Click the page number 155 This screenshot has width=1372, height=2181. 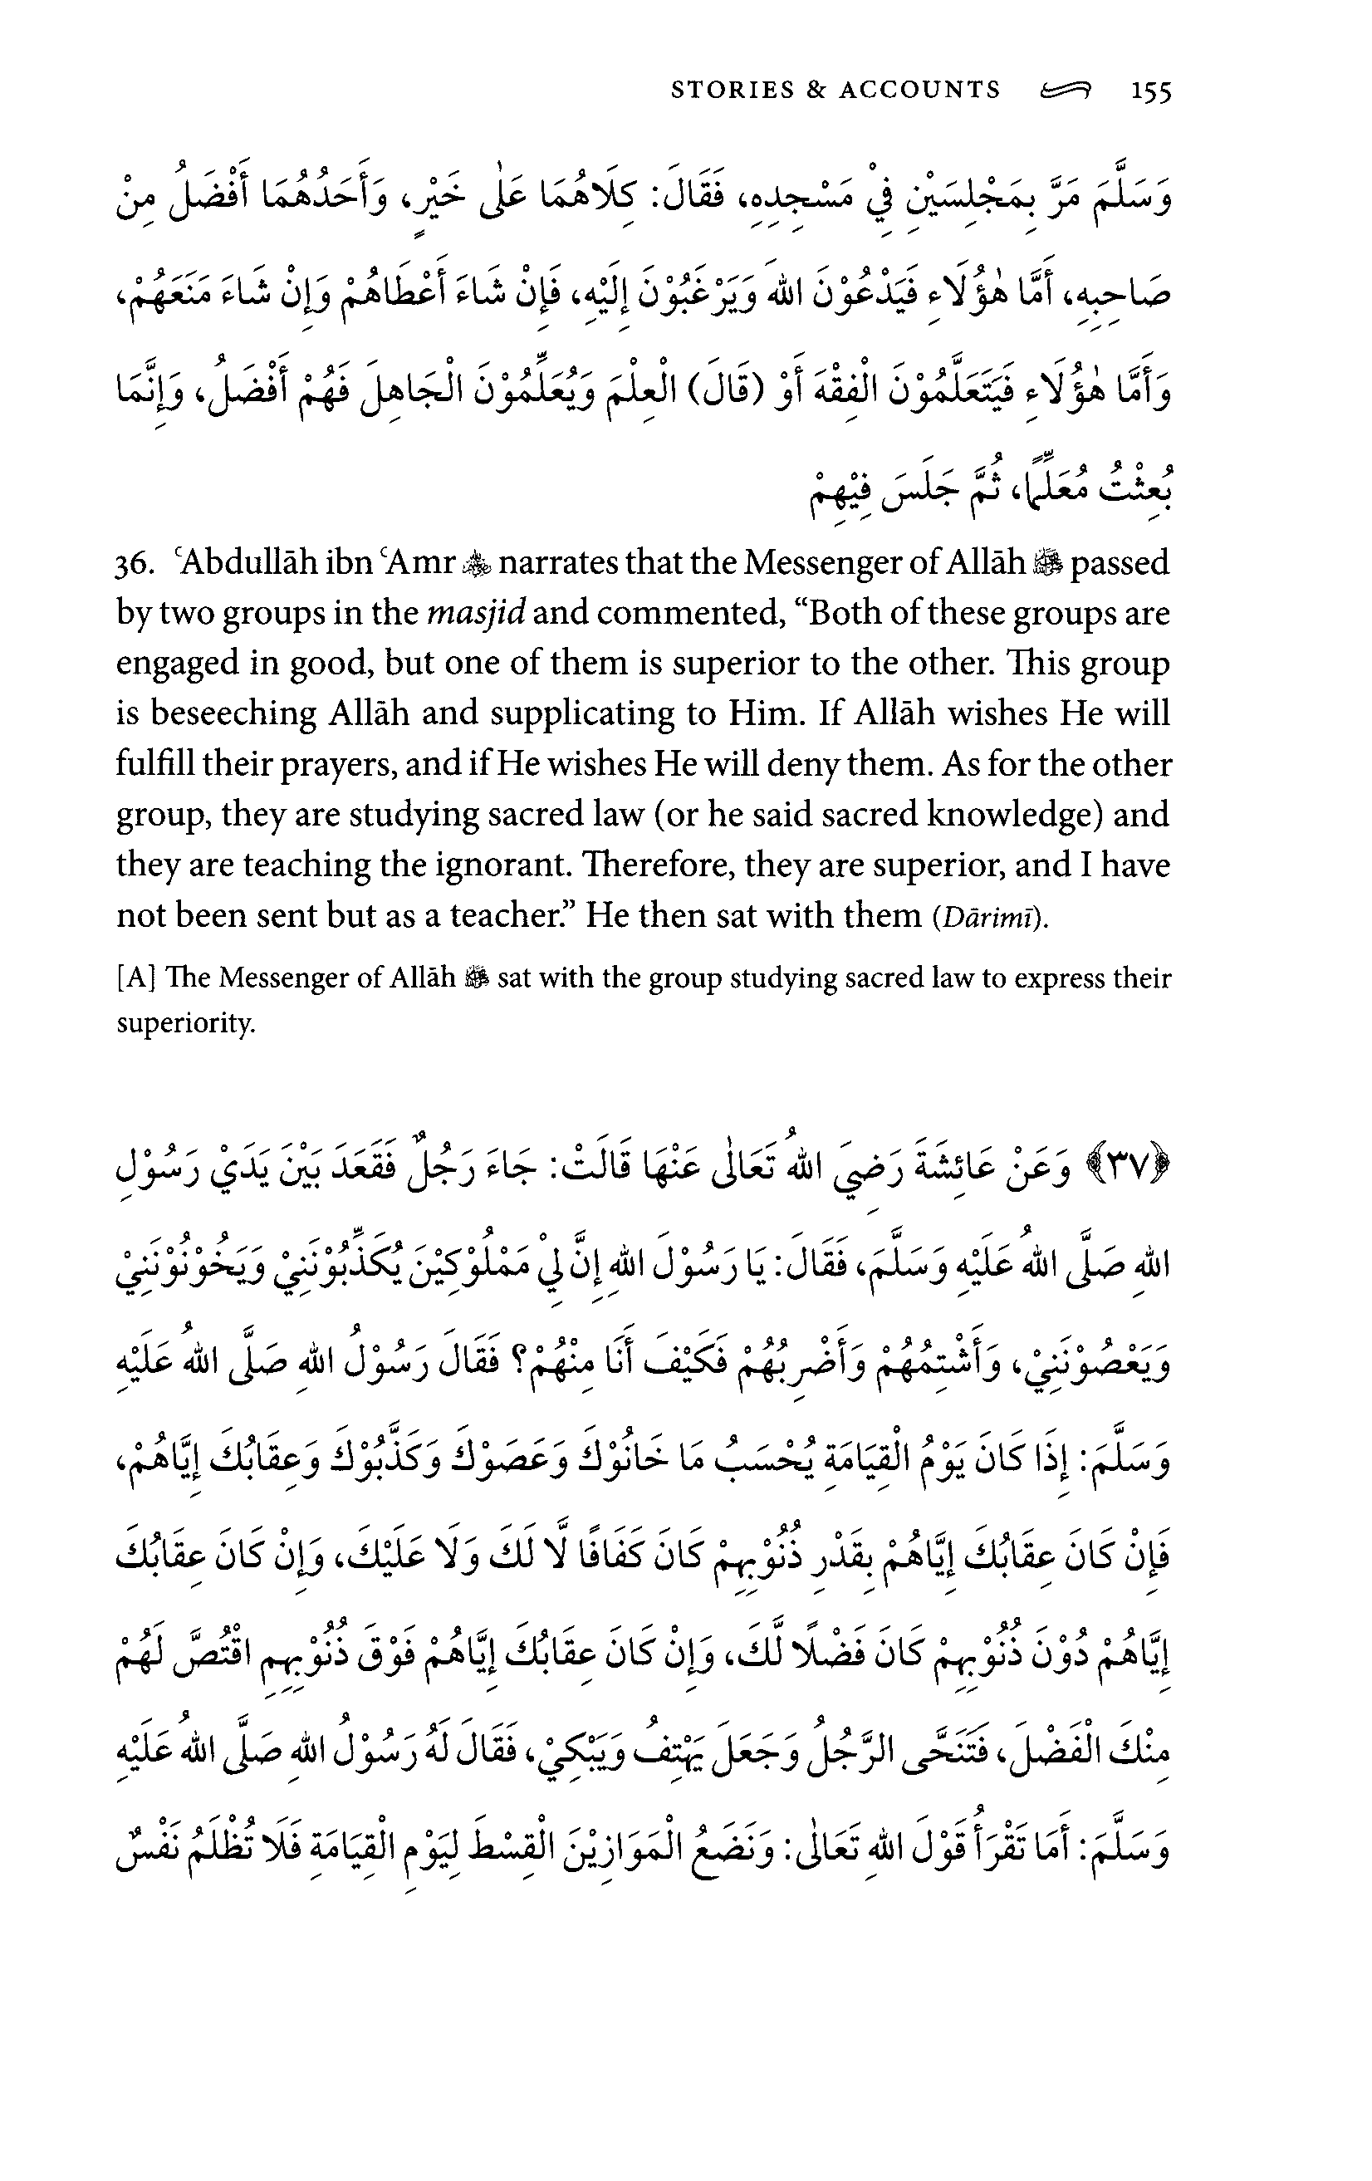tap(1149, 91)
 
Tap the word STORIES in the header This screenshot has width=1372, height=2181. tap(733, 90)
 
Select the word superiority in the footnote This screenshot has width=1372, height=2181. tap(186, 1023)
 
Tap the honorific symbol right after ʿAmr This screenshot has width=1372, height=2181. tap(474, 565)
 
